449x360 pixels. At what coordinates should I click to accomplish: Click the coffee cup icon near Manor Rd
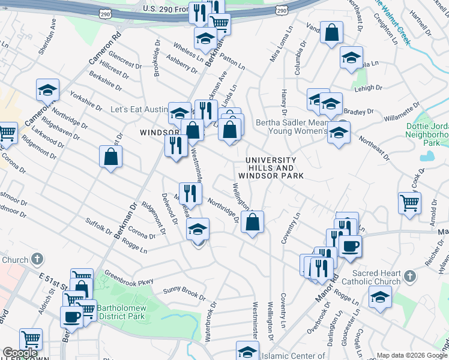[x=350, y=245]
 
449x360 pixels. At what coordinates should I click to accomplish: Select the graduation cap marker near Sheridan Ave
[x=47, y=91]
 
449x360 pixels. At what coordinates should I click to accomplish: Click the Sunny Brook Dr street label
[x=184, y=293]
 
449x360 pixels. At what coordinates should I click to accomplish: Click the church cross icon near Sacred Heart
[x=409, y=277]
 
